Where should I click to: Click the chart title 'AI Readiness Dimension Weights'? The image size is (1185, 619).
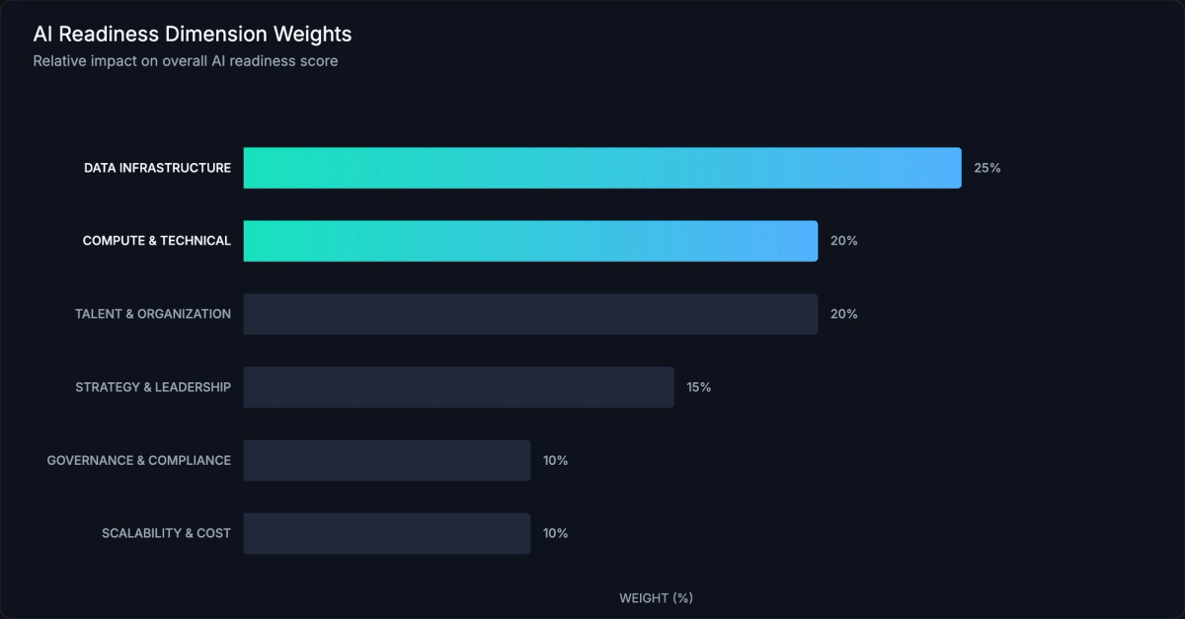[193, 35]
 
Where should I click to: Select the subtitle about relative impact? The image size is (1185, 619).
[186, 61]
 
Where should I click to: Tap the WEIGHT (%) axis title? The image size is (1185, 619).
[656, 598]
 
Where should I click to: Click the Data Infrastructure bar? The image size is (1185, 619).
[602, 168]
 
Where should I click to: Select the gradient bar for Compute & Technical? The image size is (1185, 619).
[530, 241]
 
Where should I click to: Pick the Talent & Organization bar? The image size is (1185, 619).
[530, 314]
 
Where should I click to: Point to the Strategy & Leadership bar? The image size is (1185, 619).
[458, 387]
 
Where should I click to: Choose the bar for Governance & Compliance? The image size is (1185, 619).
[386, 460]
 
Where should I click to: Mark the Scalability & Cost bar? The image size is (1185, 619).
[386, 533]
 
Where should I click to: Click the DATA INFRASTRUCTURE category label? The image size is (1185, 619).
[157, 168]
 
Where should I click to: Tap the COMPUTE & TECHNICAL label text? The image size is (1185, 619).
[156, 241]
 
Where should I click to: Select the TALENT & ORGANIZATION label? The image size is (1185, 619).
[153, 314]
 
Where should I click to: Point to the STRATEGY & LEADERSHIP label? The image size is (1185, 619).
[153, 387]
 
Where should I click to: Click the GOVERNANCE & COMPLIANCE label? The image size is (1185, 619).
[138, 460]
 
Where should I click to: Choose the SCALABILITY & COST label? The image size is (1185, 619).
[166, 533]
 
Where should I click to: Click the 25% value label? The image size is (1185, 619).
[987, 168]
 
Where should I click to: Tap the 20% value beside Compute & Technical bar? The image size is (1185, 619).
[843, 241]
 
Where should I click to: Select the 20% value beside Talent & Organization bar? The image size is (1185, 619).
[843, 314]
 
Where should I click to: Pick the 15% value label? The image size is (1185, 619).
[699, 387]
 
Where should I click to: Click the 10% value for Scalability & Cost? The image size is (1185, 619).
[555, 533]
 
